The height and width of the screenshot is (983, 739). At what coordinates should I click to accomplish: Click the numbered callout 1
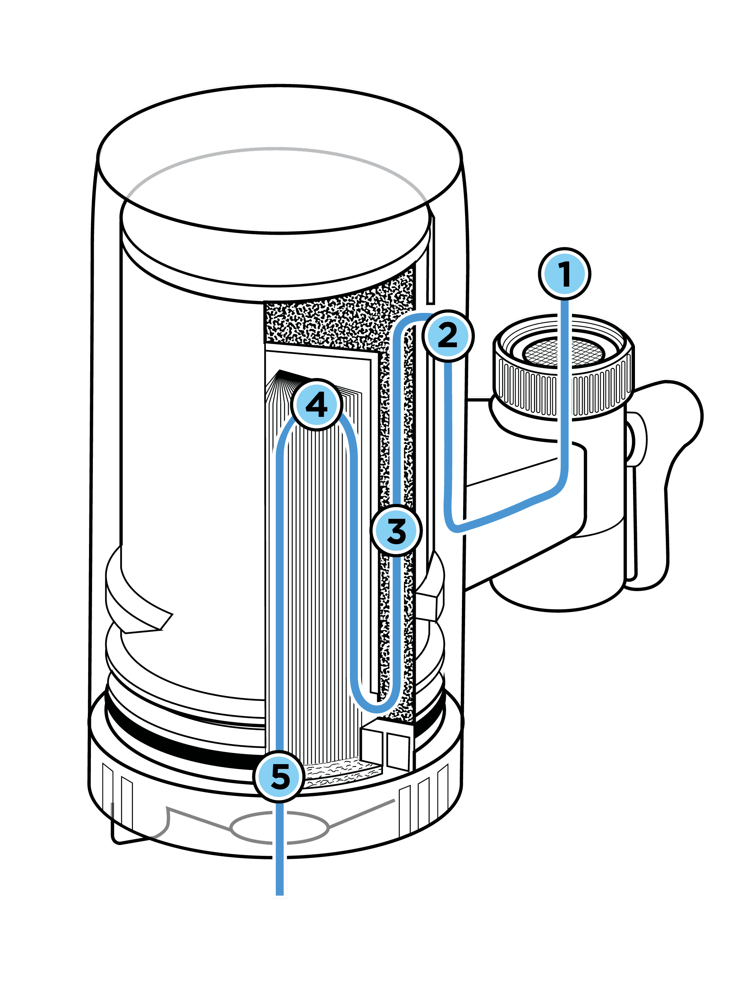tap(564, 273)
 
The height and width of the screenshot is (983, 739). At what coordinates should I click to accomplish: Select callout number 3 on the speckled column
tap(396, 531)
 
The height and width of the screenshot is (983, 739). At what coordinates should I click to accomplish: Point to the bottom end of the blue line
tap(279, 893)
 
